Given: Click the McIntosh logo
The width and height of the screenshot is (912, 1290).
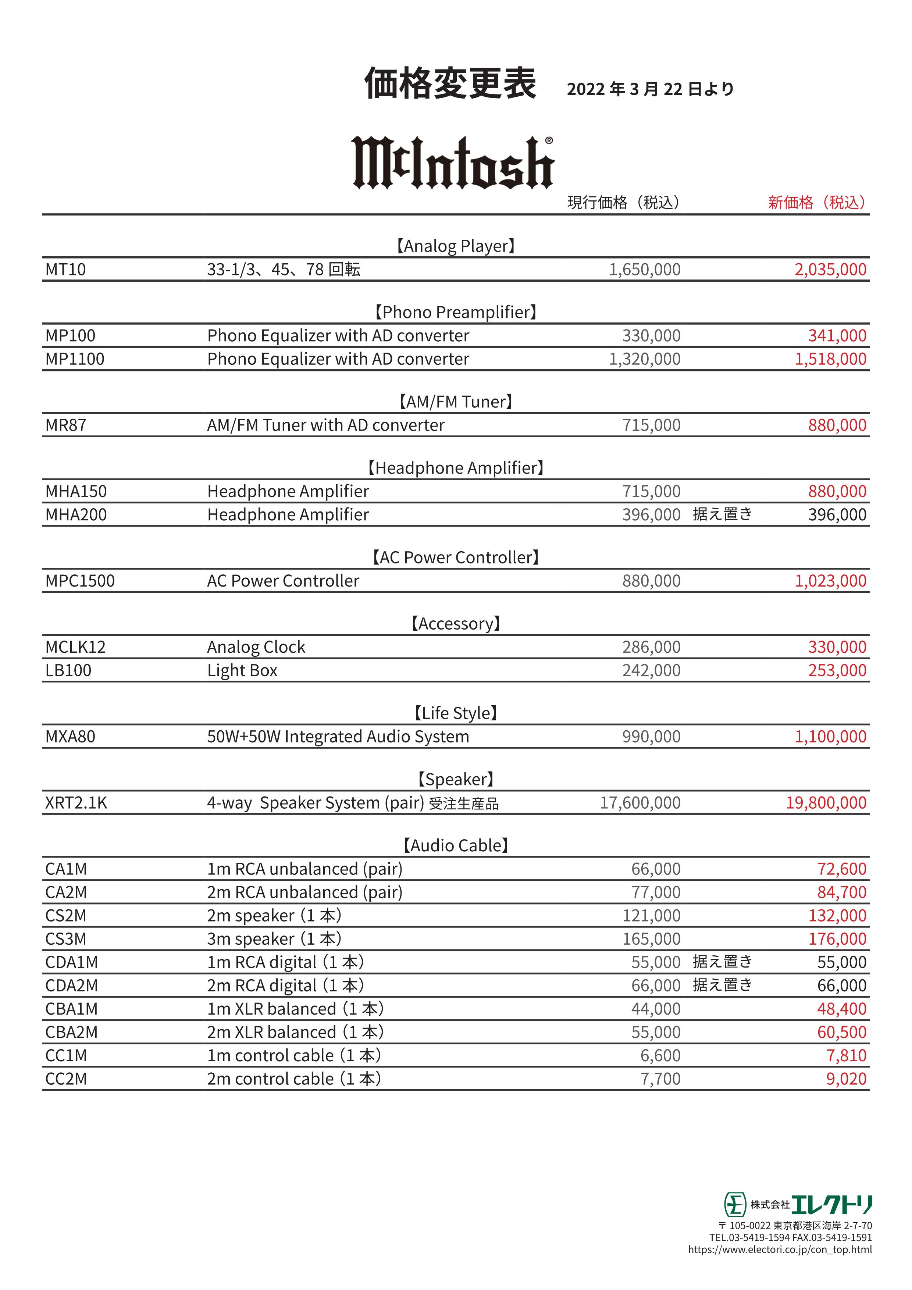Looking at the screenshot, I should [x=453, y=163].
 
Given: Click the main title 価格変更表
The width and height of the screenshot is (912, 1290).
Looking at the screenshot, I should [x=450, y=84].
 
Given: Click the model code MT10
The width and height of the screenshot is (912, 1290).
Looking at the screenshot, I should [x=66, y=270].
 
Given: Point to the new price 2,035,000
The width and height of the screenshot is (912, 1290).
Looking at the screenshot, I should [x=830, y=270].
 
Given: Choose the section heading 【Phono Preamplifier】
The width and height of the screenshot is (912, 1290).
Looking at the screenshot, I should [x=456, y=312].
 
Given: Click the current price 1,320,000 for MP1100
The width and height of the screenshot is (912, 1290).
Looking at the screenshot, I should [x=645, y=359].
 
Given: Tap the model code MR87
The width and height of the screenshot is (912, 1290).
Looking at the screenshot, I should [x=66, y=425].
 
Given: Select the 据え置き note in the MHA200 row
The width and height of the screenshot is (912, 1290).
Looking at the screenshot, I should [x=722, y=514].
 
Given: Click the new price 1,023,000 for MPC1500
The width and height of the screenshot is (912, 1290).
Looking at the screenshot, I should [x=830, y=581].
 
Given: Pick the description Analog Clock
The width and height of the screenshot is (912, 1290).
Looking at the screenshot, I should [x=256, y=647].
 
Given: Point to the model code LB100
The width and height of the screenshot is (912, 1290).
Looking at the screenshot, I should [x=68, y=670].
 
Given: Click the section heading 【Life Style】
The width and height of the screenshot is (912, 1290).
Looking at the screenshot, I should [x=456, y=713].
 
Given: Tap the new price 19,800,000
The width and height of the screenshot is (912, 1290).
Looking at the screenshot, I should [x=826, y=803].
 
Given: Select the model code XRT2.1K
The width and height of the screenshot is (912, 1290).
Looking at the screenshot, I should [x=76, y=803].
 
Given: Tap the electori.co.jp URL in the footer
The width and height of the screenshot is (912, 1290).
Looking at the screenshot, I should [x=780, y=1250].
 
